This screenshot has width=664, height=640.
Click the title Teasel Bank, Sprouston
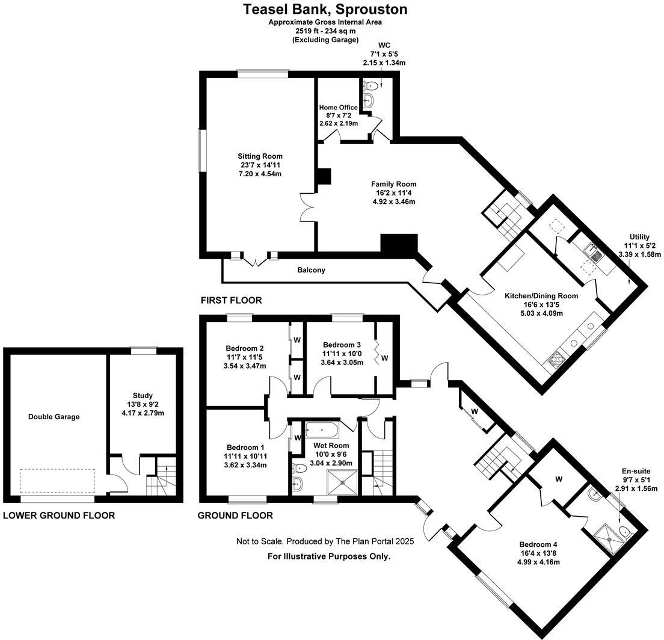pyautogui.click(x=325, y=10)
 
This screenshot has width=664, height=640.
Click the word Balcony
pyautogui.click(x=311, y=270)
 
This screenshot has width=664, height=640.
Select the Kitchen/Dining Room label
pyautogui.click(x=541, y=295)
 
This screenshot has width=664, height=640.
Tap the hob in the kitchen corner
pyautogui.click(x=555, y=361)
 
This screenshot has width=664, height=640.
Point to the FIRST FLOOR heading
pyautogui.click(x=232, y=300)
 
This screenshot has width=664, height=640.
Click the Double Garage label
pyautogui.click(x=54, y=416)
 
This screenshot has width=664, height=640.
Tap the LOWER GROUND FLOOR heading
pyautogui.click(x=59, y=515)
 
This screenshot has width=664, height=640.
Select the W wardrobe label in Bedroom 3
pyautogui.click(x=385, y=358)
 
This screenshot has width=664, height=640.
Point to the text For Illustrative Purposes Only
pyautogui.click(x=329, y=556)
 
